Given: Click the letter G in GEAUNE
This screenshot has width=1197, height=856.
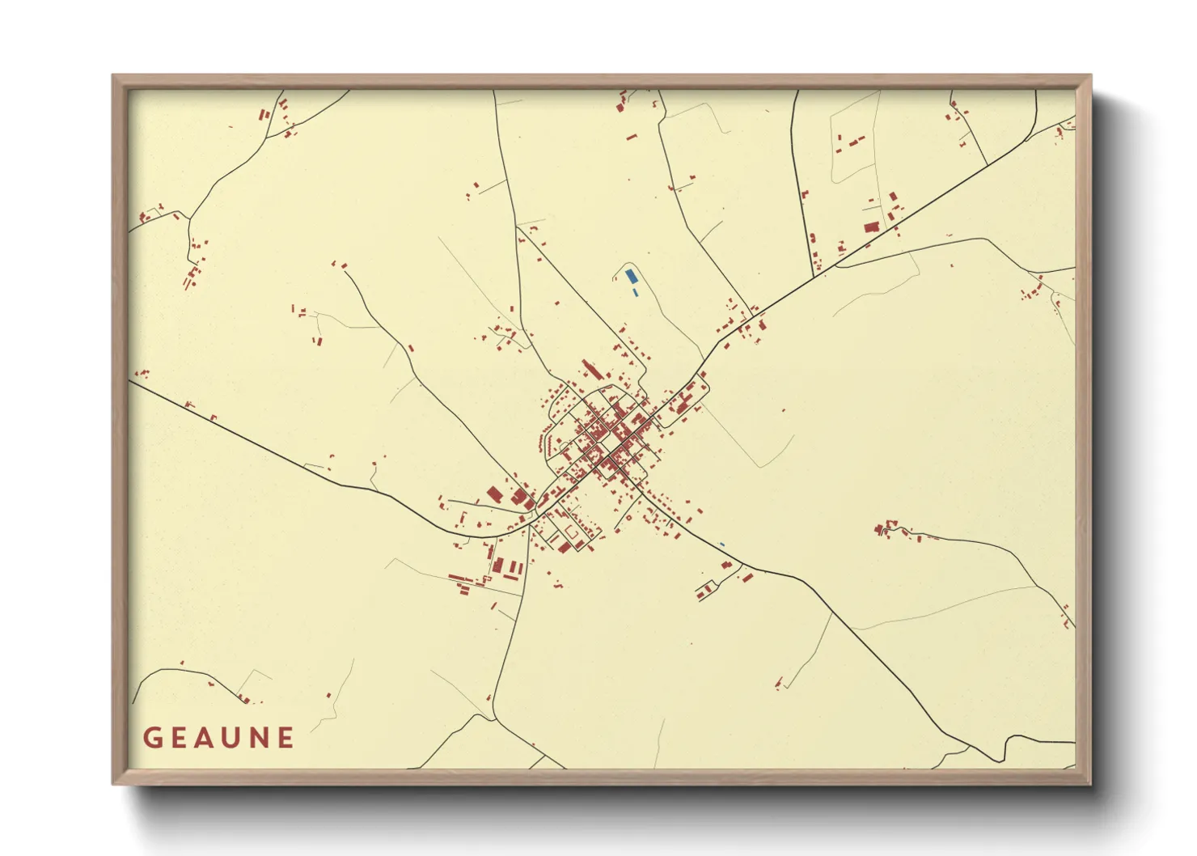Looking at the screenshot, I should tap(152, 738).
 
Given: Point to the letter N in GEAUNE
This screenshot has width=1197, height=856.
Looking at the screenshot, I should tap(260, 738).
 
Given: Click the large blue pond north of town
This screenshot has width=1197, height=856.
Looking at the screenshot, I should tap(631, 276).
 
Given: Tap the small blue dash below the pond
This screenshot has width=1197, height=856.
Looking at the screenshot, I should tap(635, 290).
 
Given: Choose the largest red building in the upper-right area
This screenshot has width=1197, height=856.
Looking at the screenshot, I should tap(871, 227).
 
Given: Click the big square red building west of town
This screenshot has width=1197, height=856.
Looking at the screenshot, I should tap(493, 494).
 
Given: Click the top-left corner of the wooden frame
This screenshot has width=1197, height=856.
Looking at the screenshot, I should tap(113, 76).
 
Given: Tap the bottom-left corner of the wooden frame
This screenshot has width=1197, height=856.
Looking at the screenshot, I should tap(113, 783).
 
